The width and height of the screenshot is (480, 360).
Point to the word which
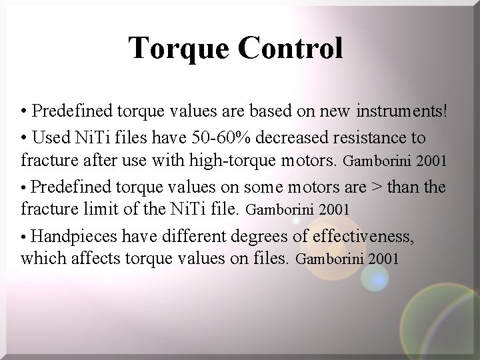pos(41,258)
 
